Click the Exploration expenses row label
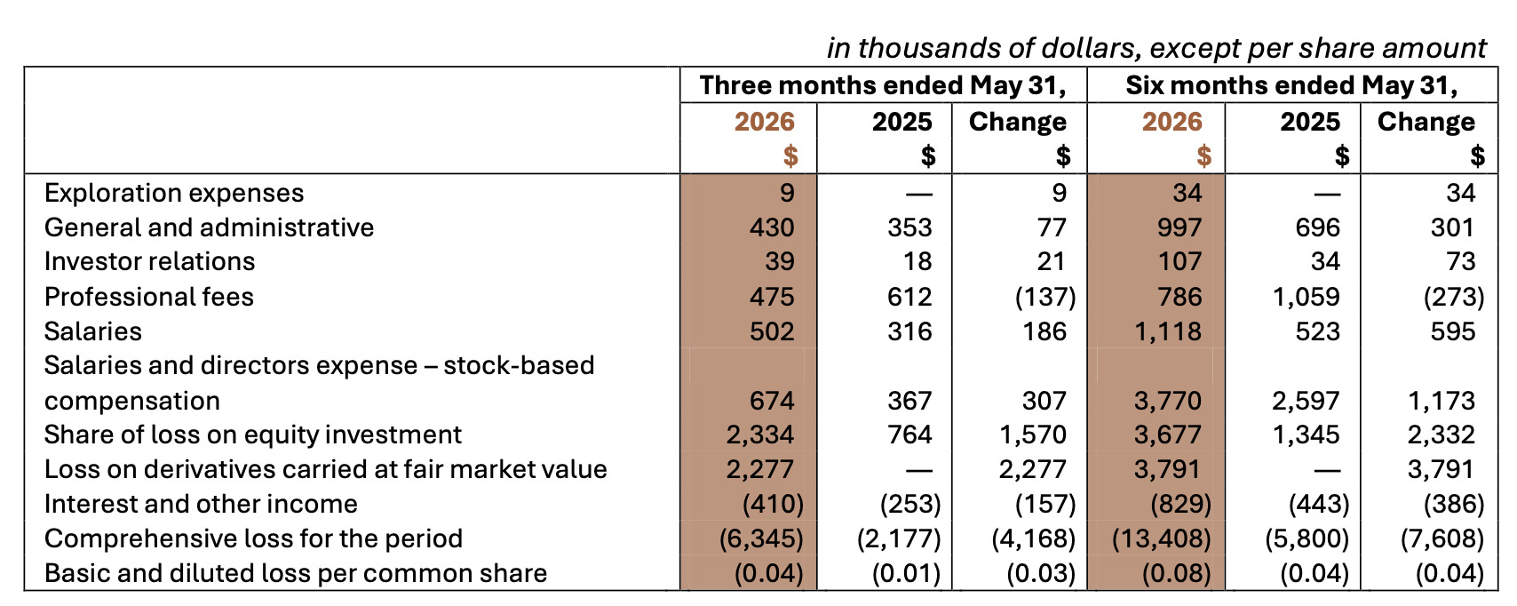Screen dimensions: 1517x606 pos(174,193)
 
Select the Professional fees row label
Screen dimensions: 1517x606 pos(149,297)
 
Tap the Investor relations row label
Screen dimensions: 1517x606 pos(150,261)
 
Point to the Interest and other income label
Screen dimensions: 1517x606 pos(201,505)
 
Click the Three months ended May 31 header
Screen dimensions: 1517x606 pos(883,85)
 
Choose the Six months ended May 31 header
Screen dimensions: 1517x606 pos(1291,85)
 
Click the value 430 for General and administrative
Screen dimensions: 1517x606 pos(771,227)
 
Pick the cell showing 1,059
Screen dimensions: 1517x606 pos(1306,297)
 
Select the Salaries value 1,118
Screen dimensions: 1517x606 pos(1168,331)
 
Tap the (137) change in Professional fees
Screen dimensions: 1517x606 pos(1045,297)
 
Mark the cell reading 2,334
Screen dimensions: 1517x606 pos(760,435)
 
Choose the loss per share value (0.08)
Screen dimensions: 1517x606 pos(1176,573)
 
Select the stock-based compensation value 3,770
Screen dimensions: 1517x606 pos(1168,401)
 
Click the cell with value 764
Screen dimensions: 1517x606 pos(909,435)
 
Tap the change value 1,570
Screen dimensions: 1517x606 pos(1033,435)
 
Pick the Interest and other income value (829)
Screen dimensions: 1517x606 pos(1180,505)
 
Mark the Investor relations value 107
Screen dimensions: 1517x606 pos(1179,261)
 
